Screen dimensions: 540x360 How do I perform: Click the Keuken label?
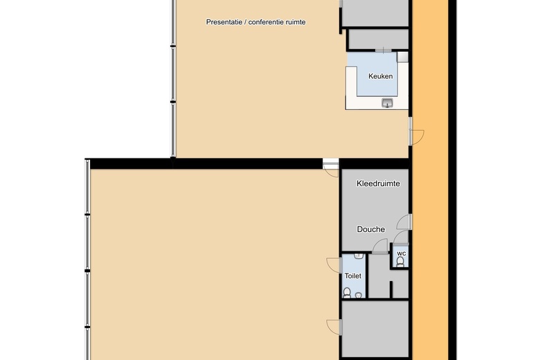point(380,76)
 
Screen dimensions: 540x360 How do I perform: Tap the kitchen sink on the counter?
point(388,102)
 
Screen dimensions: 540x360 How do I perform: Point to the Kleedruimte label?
point(378,183)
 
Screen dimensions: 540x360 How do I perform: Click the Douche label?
point(371,229)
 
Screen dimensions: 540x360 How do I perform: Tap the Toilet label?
point(353,276)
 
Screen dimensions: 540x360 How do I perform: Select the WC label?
point(402,253)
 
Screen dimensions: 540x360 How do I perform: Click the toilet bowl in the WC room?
point(400,262)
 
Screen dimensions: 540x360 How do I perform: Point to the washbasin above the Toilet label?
point(359,256)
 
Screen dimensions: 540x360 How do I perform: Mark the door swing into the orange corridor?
point(417,137)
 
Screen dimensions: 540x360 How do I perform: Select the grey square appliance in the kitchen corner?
point(402,57)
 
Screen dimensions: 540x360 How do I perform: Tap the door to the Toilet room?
point(334,265)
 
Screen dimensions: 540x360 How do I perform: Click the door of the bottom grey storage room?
point(334,327)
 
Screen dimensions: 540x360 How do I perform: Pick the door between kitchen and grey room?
point(384,51)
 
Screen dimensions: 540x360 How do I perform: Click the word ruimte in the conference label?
point(296,22)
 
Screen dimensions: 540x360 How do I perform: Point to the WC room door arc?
point(401,237)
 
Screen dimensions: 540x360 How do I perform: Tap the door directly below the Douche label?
point(380,246)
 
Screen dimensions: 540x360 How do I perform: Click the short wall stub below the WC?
point(391,289)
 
